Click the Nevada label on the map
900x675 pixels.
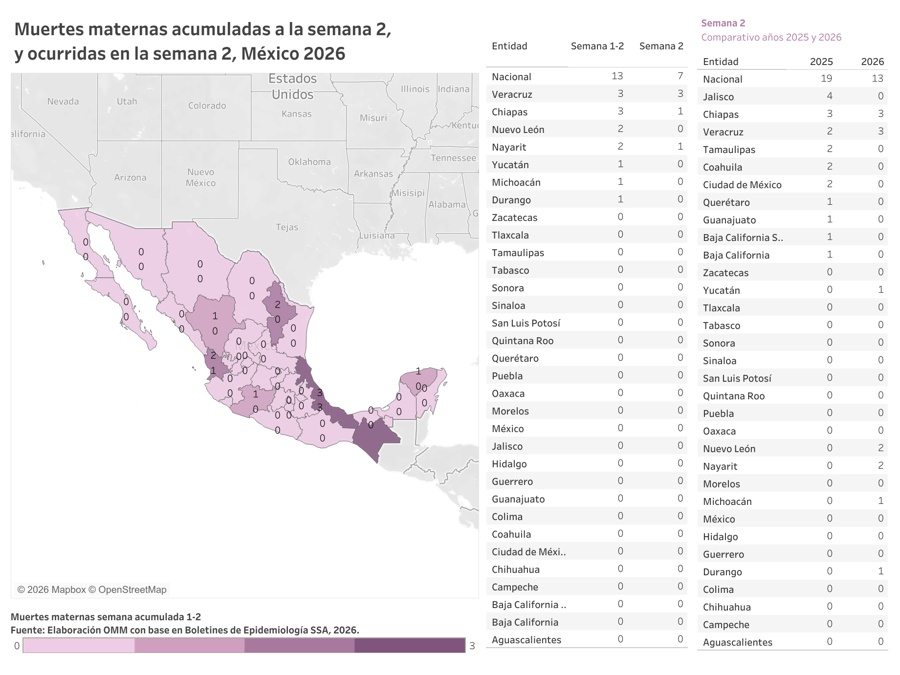point(63,102)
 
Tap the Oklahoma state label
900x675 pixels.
point(309,162)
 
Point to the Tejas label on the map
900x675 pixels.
point(286,227)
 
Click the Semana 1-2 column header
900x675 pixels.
point(597,46)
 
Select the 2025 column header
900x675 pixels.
point(821,62)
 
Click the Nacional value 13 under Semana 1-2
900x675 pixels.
point(617,76)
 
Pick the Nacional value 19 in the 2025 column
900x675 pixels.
point(826,79)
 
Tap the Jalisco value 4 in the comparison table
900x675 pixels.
point(829,96)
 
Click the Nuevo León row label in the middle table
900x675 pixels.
point(518,130)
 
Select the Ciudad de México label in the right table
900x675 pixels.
point(742,185)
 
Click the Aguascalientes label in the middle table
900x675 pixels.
point(526,640)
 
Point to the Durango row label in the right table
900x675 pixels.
point(722,572)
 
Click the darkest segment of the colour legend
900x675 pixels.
point(410,646)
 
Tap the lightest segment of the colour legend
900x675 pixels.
point(78,646)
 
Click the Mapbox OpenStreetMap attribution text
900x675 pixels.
point(92,590)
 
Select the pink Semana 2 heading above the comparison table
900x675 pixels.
point(723,23)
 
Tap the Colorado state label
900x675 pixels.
point(207,106)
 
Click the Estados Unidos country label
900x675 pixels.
point(292,87)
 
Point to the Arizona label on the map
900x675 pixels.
point(130,177)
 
